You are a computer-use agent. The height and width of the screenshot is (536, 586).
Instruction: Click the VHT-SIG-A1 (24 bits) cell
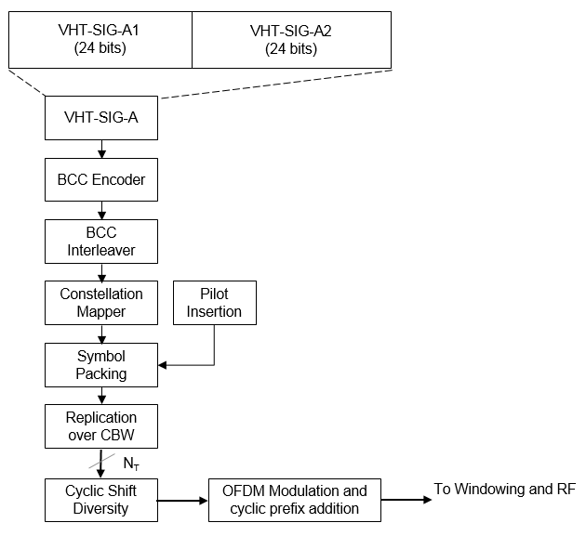100,40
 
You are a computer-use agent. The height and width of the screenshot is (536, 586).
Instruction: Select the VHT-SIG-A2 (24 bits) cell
290,40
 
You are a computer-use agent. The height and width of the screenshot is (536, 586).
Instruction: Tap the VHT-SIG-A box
100,118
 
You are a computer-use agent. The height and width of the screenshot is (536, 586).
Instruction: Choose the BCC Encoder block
100,179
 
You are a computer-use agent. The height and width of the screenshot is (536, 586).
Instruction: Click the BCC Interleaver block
100,242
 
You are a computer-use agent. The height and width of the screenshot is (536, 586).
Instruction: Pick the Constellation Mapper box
100,303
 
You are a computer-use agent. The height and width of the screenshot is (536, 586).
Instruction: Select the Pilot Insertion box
214,303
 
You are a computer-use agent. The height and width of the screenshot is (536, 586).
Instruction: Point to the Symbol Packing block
100,365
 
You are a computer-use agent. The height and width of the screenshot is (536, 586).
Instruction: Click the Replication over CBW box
100,426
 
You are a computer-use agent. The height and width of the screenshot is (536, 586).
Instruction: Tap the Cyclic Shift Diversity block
100,500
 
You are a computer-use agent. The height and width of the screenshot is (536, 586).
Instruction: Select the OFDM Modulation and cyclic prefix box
294,500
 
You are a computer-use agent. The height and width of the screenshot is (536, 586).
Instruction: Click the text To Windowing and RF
505,490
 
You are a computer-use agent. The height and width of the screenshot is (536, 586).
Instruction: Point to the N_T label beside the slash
131,460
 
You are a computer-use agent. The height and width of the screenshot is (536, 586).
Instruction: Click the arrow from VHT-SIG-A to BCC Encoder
100,149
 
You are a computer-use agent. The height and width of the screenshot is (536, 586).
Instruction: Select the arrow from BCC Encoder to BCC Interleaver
100,211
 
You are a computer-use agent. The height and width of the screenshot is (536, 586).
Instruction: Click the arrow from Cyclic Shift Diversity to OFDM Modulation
182,500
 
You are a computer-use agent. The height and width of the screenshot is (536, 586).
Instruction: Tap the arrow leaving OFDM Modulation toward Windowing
406,500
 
